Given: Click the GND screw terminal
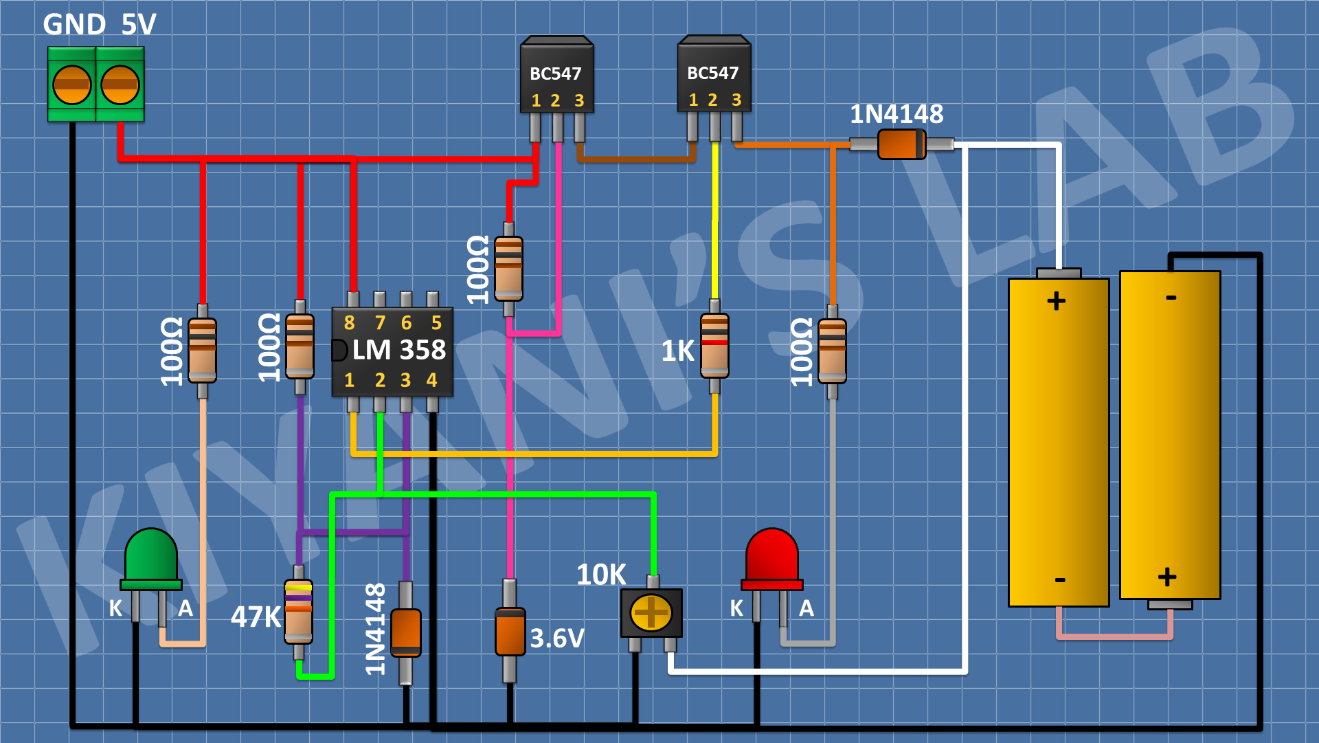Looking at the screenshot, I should coord(71,85).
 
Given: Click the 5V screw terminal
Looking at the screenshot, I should coord(120,85).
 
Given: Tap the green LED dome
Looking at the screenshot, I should coord(151,555).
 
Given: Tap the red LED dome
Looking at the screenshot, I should coord(772,555).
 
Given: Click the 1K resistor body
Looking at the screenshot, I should coord(714,346).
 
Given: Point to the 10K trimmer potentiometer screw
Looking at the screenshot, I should coord(651,612).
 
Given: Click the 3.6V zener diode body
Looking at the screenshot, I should coord(510,632).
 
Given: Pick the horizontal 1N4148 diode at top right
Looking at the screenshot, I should coord(901,144).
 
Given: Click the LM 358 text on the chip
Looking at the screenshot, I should coord(399,350).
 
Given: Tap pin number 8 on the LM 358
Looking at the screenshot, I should coord(349,322).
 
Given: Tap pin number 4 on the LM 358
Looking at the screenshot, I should coord(431,380).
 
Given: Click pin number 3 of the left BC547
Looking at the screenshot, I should coord(579,101).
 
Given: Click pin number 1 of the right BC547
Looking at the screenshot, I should coord(693,100).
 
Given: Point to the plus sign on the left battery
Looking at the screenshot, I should coord(1056,301).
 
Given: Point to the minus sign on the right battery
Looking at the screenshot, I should coord(1171,298).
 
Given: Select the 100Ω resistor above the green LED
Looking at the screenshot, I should coord(202,350).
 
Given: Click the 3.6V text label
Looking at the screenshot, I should coord(557,639).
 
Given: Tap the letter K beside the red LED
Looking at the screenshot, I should coord(736,608).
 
